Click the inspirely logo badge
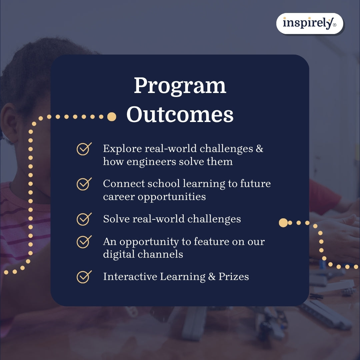click(309, 23)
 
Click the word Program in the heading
click(180, 86)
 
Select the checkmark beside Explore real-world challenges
click(84, 149)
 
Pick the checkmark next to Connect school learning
click(84, 184)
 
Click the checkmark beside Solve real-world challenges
click(84, 219)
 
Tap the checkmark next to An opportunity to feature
click(84, 242)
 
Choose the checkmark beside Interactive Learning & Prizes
click(84, 277)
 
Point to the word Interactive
click(130, 277)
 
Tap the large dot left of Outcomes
click(112, 117)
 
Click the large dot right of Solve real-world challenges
click(283, 223)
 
